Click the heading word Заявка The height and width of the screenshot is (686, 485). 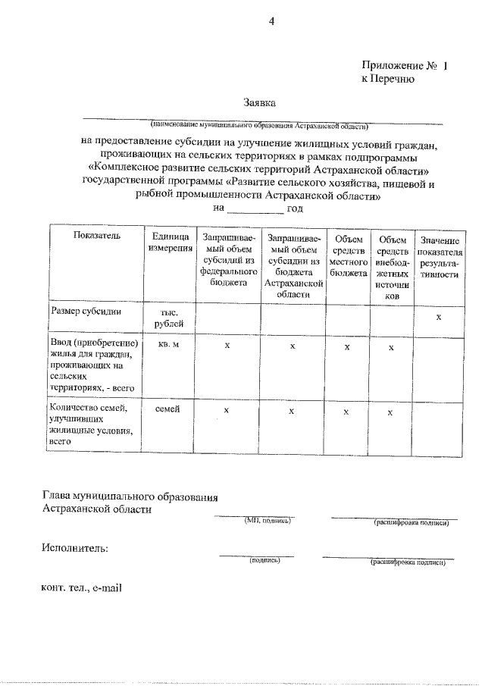(x=260, y=102)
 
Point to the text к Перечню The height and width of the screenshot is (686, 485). (x=387, y=79)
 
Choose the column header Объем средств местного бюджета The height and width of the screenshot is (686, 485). (x=348, y=250)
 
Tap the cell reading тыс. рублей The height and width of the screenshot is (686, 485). (x=169, y=318)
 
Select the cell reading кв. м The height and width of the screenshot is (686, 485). (x=169, y=345)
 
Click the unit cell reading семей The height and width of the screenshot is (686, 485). (x=168, y=409)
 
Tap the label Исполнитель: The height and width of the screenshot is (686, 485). (x=75, y=547)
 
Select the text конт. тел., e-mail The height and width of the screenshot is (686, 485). (x=82, y=587)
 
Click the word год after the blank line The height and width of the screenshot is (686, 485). (x=295, y=208)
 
